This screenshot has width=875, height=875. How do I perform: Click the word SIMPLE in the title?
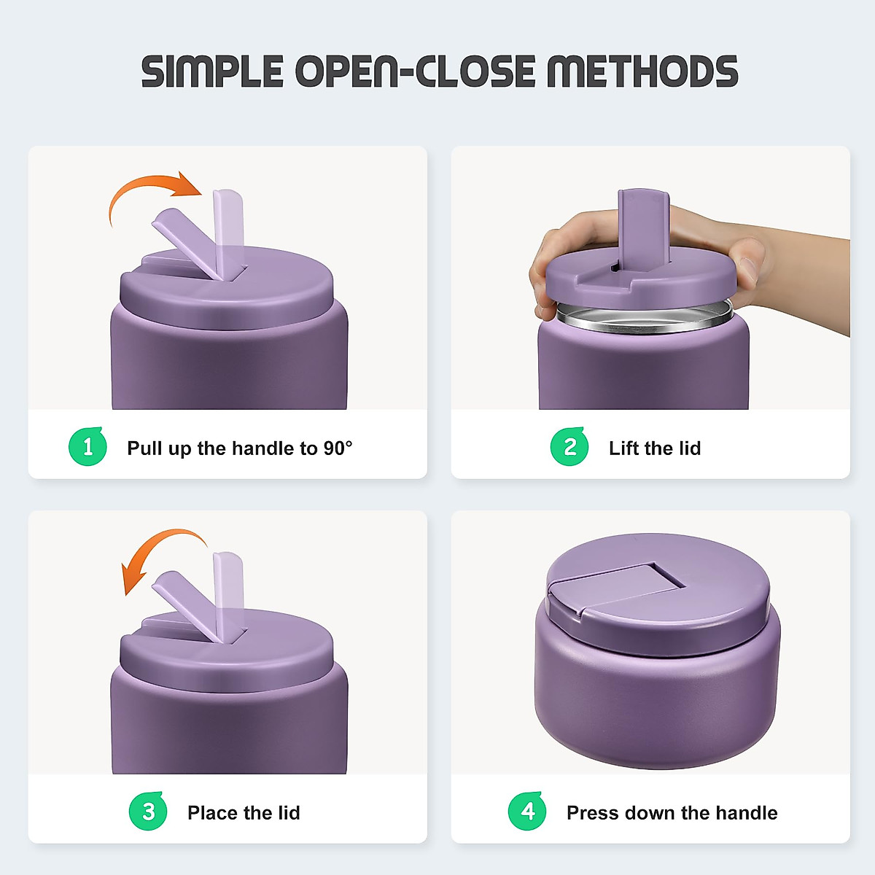[212, 71]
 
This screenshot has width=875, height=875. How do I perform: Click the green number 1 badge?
[88, 446]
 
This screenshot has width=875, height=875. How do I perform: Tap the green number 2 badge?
[569, 446]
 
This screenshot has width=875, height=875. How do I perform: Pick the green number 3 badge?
[148, 811]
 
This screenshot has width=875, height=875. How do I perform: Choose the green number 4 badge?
[527, 811]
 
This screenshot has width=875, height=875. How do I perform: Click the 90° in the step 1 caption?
[338, 448]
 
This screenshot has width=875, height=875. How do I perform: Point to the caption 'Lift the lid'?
[654, 448]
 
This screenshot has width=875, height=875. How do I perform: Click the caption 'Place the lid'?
[243, 812]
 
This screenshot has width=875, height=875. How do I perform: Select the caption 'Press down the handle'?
[672, 812]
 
